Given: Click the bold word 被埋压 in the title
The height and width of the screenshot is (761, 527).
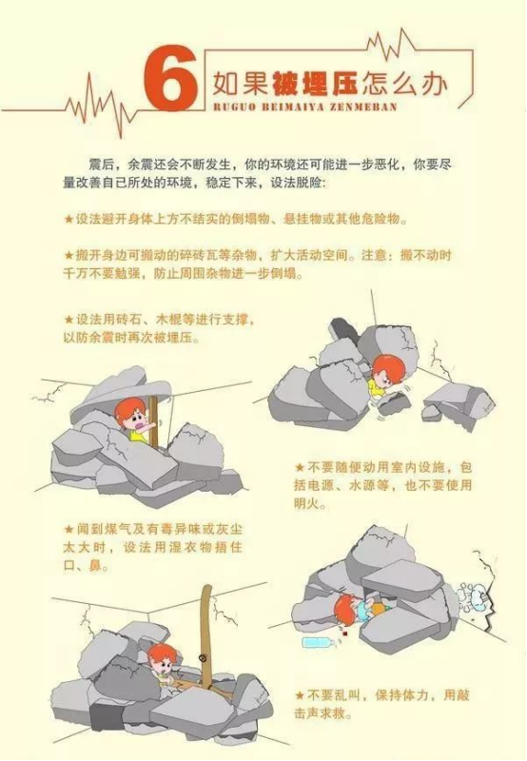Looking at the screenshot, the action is pyautogui.click(x=315, y=84).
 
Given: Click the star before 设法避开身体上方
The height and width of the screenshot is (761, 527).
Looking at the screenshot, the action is pyautogui.click(x=68, y=220).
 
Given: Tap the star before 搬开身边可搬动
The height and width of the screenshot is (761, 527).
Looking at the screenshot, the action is pyautogui.click(x=68, y=255).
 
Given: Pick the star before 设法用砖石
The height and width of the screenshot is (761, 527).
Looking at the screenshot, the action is pyautogui.click(x=68, y=320).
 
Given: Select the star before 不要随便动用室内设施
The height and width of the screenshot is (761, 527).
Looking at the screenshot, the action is pyautogui.click(x=300, y=468).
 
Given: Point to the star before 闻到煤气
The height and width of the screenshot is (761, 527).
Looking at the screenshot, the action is pyautogui.click(x=68, y=529).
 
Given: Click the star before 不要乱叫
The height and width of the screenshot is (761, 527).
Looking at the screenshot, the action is pyautogui.click(x=300, y=695).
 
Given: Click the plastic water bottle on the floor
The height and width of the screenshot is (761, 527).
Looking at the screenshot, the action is pyautogui.click(x=319, y=643).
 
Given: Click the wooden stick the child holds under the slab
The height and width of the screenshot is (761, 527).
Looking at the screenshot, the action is pyautogui.click(x=154, y=421).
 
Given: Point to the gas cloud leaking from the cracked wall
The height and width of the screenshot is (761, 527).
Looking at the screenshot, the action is pyautogui.click(x=474, y=597).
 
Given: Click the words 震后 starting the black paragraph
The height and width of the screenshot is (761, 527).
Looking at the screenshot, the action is pyautogui.click(x=101, y=165).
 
